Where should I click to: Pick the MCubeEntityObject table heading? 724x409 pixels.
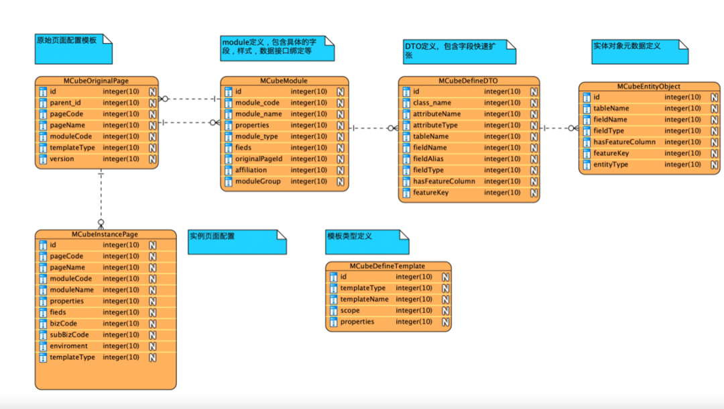pyautogui.click(x=648, y=86)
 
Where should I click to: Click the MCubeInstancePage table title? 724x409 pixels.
pyautogui.click(x=105, y=234)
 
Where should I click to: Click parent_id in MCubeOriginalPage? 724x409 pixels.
pyautogui.click(x=65, y=103)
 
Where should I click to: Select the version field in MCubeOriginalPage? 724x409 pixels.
pyautogui.click(x=62, y=159)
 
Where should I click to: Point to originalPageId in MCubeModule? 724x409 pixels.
pyautogui.click(x=258, y=159)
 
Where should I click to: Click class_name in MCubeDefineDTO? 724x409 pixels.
pyautogui.click(x=432, y=103)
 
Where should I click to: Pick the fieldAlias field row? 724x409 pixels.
pyautogui.click(x=429, y=159)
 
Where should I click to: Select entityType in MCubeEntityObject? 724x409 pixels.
pyautogui.click(x=611, y=165)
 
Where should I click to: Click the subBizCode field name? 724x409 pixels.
pyautogui.click(x=69, y=335)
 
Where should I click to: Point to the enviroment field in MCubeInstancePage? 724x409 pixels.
pyautogui.click(x=68, y=347)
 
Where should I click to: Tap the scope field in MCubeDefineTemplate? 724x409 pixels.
pyautogui.click(x=350, y=311)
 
